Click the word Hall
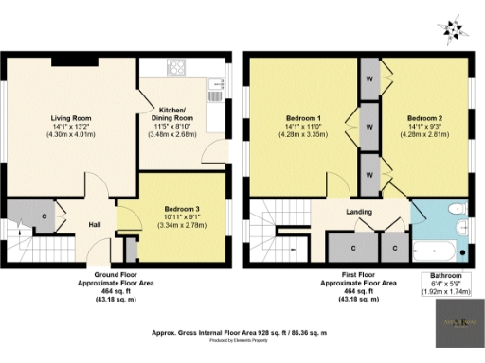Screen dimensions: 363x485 pos(96,225)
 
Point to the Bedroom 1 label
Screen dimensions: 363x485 pos(296,119)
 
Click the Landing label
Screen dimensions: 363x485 pos(358,212)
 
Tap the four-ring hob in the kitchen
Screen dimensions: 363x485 pos(176,67)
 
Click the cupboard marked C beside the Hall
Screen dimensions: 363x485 pos(45,216)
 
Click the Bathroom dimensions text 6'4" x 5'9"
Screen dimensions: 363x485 pos(443,285)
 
